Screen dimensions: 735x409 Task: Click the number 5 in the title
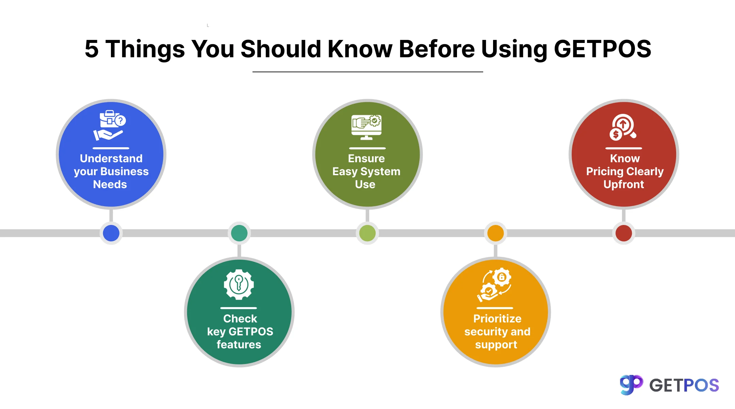[92, 49]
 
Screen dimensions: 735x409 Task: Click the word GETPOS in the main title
[603, 49]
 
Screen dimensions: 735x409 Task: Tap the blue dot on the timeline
[111, 233]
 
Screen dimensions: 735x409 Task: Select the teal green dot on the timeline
[239, 233]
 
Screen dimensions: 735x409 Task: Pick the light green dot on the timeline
[367, 233]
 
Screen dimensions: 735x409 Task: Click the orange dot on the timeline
[495, 233]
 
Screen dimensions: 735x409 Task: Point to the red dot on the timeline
[624, 233]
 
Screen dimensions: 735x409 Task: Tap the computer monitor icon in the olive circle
[366, 127]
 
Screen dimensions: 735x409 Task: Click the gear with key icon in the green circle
[239, 285]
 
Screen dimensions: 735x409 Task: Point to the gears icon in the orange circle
[494, 285]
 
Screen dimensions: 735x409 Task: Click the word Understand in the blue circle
[111, 158]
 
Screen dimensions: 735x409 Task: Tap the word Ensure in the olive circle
[366, 158]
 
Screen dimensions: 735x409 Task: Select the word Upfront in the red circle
[624, 185]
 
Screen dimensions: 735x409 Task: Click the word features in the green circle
[239, 345]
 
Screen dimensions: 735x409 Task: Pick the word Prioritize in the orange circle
[497, 319]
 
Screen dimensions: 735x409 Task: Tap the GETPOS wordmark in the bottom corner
[684, 385]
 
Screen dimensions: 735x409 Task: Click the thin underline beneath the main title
[368, 72]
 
